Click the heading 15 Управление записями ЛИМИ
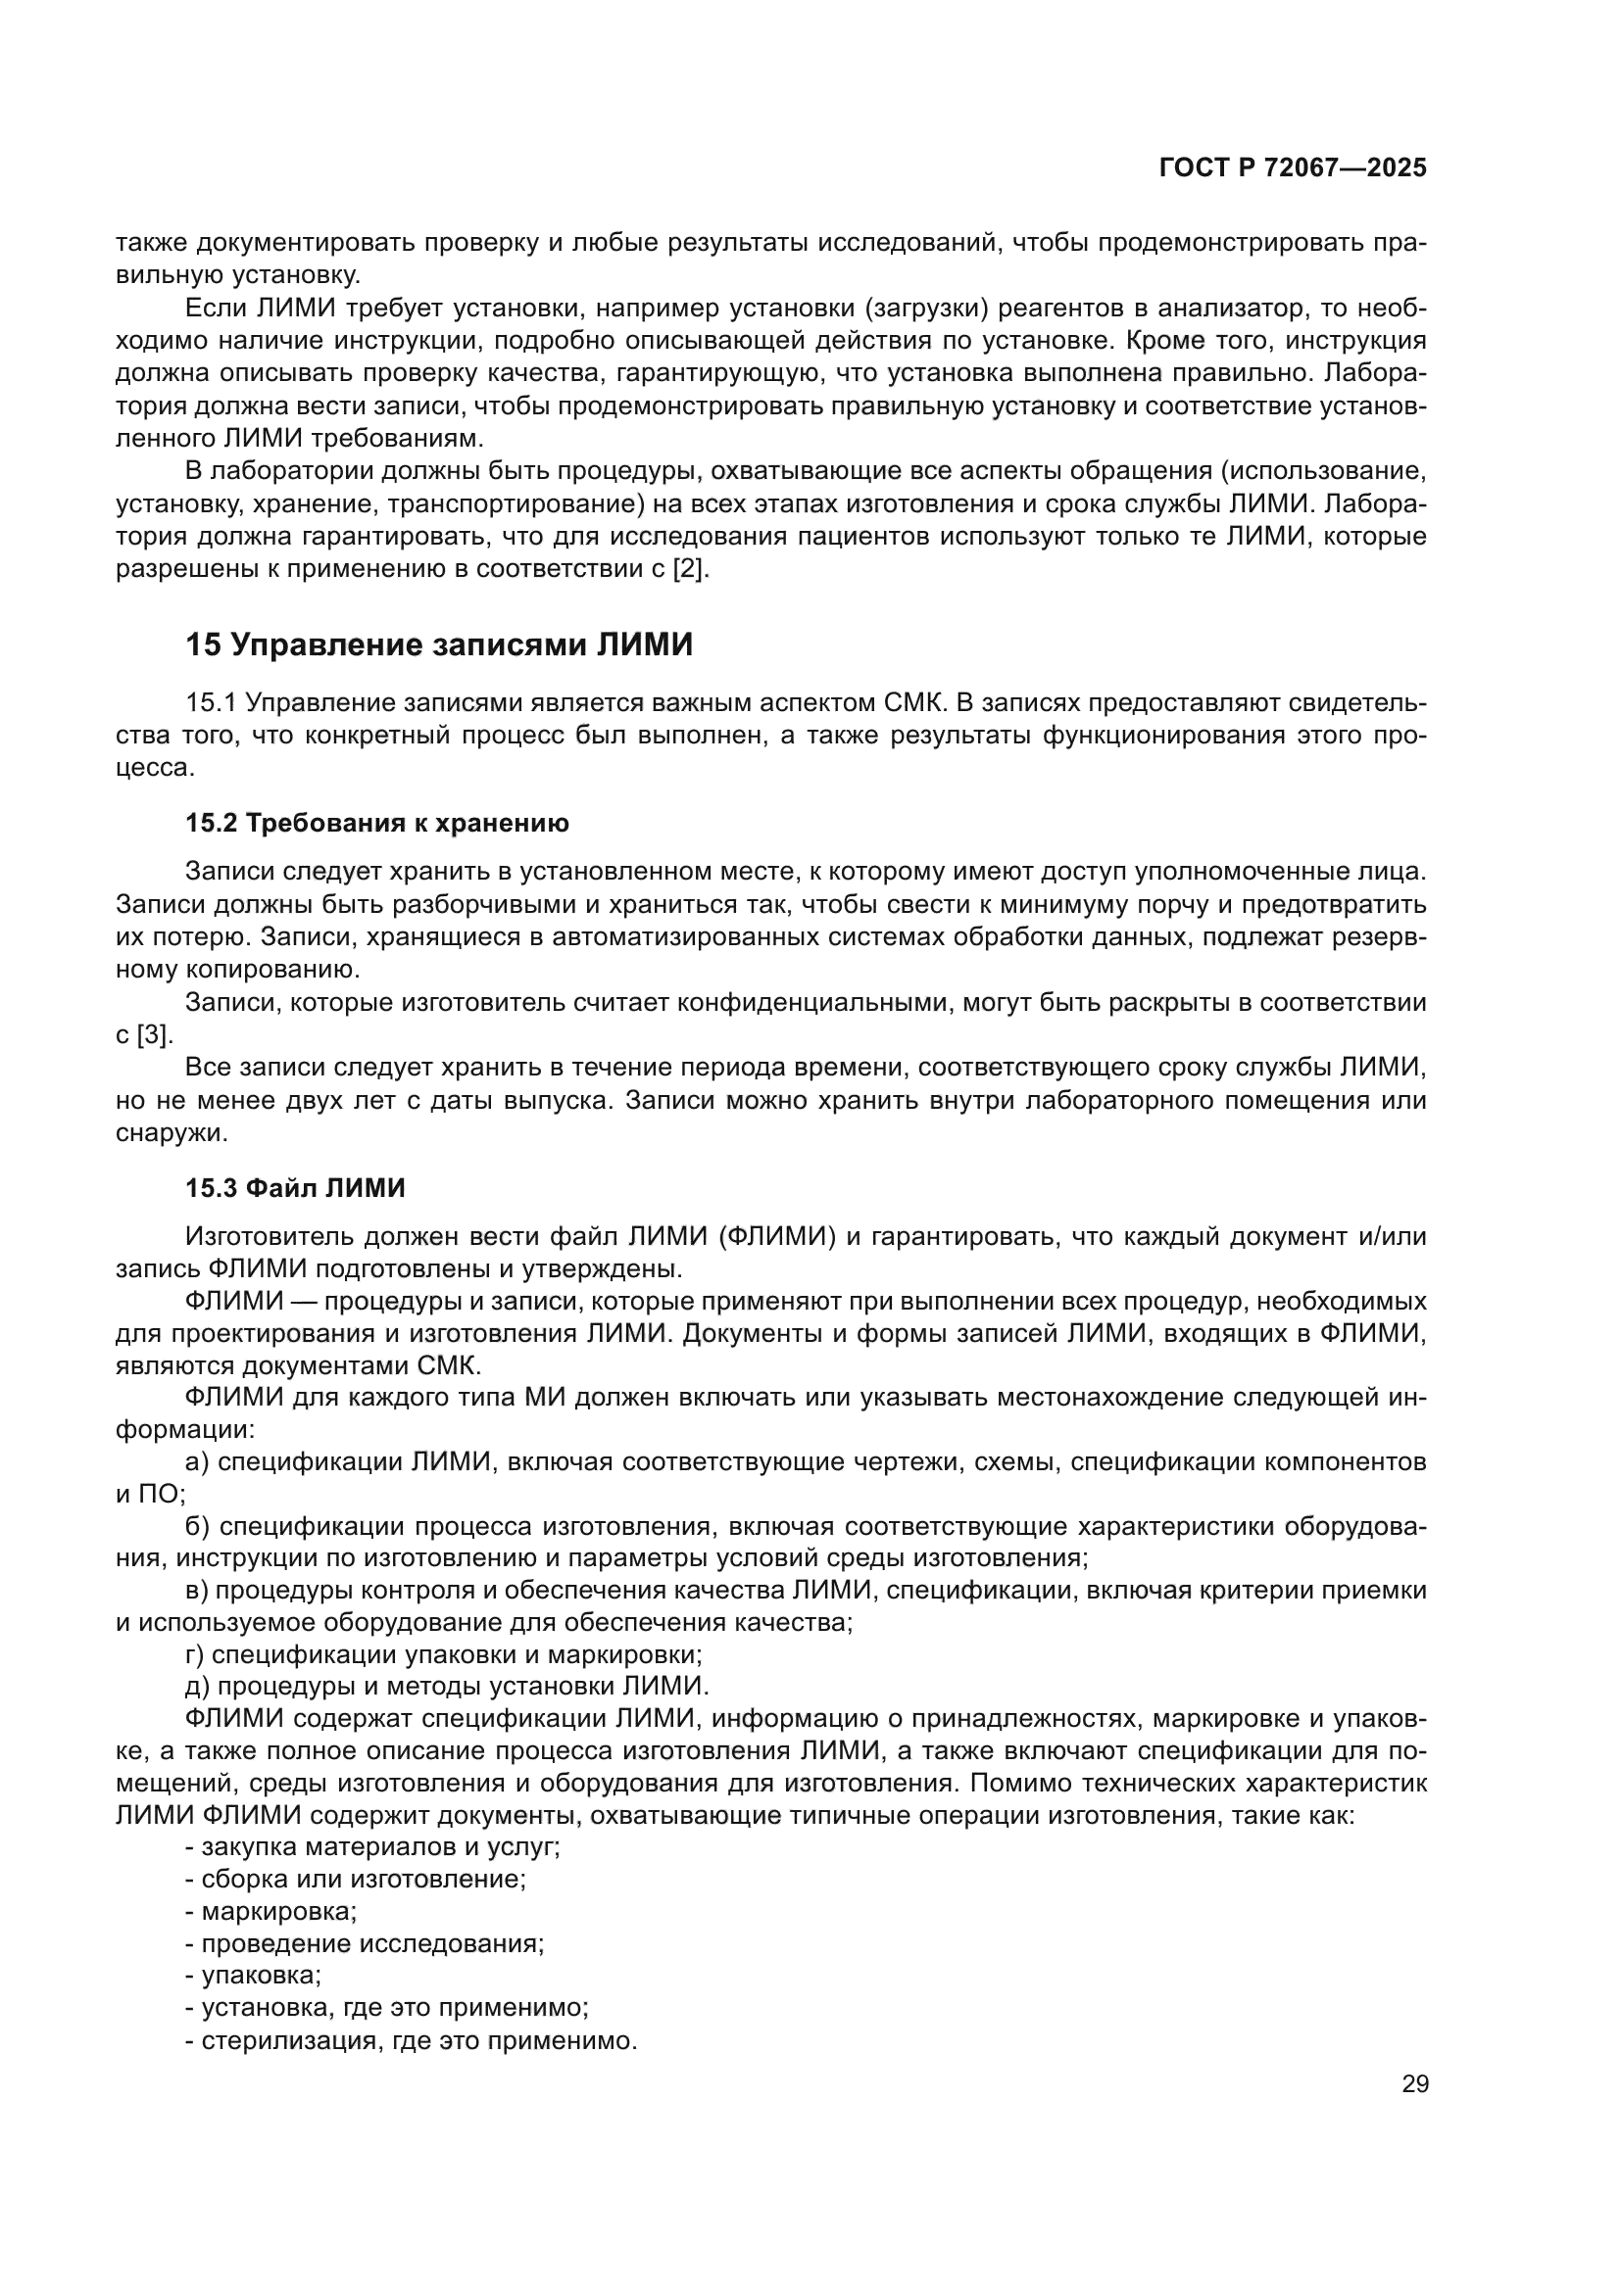438,645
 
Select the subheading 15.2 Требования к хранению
376,823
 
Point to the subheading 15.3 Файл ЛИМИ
295,1188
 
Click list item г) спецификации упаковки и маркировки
443,1654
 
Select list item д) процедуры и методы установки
446,1687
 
